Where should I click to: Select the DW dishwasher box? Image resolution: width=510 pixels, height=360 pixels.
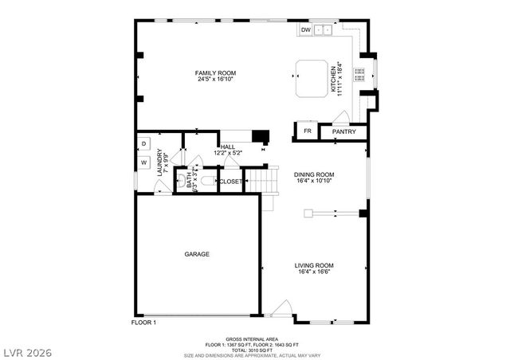306,30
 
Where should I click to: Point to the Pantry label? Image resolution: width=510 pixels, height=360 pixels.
343,131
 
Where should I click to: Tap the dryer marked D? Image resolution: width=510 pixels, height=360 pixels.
144,143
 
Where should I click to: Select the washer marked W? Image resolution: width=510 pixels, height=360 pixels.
144,162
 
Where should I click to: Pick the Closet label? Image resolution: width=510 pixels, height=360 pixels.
230,182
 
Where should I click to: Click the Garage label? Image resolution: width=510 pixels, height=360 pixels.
197,254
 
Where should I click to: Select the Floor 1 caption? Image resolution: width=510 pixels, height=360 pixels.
143,322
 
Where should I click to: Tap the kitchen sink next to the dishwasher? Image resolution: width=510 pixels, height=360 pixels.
324,30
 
